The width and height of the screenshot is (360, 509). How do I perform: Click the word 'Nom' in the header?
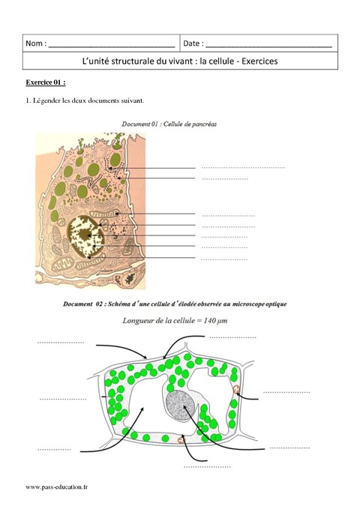pyautogui.click(x=32, y=44)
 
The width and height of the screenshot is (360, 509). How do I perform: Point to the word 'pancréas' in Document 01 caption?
pyautogui.click(x=202, y=124)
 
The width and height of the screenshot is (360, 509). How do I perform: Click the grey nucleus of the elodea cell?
pyautogui.click(x=181, y=406)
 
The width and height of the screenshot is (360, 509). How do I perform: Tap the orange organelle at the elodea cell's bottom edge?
pyautogui.click(x=181, y=440)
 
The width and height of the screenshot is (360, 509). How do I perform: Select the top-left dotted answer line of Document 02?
pyautogui.click(x=61, y=343)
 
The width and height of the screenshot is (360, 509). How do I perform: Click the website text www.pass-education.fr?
pyautogui.click(x=57, y=487)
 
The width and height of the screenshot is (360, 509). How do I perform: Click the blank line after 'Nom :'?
pyautogui.click(x=111, y=46)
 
